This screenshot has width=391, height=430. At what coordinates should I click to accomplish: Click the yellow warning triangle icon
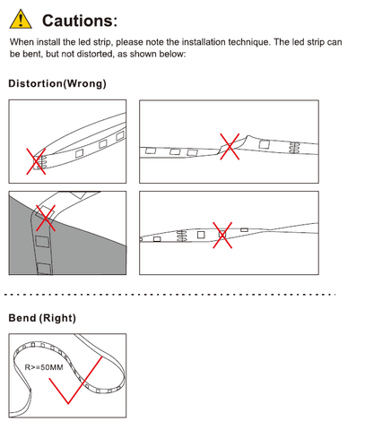[21, 19]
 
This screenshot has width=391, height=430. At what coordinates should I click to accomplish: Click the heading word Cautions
[80, 21]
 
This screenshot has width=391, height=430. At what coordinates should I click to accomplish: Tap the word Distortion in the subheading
[36, 83]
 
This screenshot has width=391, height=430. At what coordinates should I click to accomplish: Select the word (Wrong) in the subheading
[84, 83]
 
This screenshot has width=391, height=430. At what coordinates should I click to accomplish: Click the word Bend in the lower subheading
[22, 318]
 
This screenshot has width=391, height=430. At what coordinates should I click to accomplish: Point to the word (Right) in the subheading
[57, 318]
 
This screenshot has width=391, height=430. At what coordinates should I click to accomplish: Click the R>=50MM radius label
[44, 367]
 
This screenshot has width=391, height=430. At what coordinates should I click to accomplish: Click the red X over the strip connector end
[36, 161]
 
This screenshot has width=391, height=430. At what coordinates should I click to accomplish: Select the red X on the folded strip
[230, 146]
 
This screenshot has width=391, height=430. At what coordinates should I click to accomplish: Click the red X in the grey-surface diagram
[46, 218]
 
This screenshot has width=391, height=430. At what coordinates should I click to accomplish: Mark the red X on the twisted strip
[222, 235]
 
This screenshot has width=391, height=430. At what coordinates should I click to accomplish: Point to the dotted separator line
[169, 295]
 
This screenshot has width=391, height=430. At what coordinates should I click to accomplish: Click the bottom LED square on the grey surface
[44, 269]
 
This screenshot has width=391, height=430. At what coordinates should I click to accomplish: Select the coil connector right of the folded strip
[294, 148]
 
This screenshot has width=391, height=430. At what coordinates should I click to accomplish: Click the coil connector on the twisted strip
[182, 236]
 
